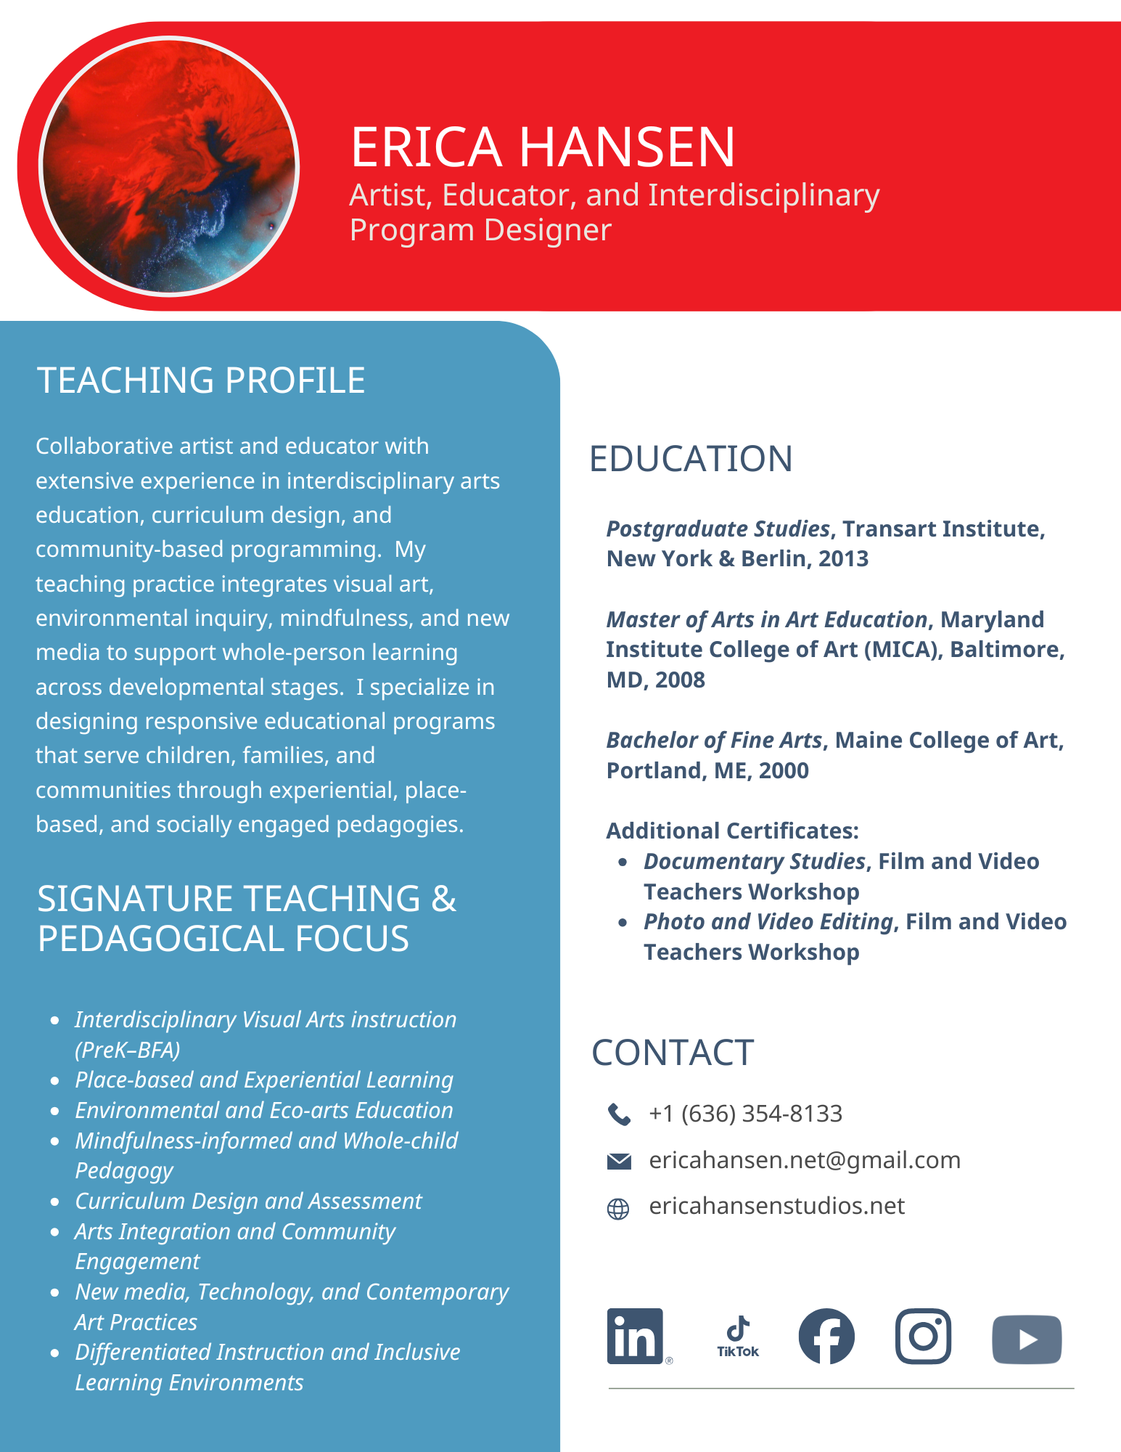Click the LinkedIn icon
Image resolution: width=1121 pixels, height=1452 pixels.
coord(635,1336)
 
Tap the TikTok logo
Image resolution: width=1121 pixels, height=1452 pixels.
coord(738,1336)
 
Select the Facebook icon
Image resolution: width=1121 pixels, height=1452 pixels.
coord(826,1336)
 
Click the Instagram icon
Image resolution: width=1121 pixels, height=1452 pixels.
coord(923,1336)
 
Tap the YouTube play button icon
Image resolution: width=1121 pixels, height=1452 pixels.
coord(1027,1339)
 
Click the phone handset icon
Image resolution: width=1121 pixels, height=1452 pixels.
coord(618,1114)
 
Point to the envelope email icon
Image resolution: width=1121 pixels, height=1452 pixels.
coord(618,1161)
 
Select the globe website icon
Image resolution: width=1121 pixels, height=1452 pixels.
coord(618,1208)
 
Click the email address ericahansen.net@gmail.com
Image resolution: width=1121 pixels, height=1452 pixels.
coord(804,1160)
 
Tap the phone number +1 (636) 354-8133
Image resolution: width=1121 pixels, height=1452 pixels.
coord(745,1113)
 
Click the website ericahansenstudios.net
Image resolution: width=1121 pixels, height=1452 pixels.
coord(776,1206)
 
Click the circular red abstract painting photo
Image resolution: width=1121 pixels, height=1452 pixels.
coord(169,166)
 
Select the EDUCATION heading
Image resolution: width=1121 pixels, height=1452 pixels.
coord(691,459)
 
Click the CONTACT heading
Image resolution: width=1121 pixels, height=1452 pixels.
coord(673,1053)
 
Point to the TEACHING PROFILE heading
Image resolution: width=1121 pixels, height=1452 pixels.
coord(201,380)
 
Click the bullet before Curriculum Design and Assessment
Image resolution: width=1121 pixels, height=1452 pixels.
coord(55,1202)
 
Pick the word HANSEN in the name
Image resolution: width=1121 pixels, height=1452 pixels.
coord(627,147)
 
